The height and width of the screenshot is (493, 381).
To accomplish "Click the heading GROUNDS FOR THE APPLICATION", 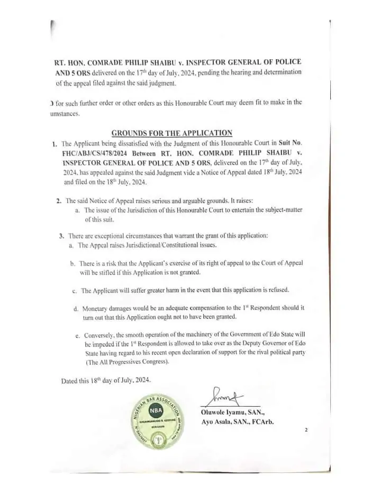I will tap(172, 133).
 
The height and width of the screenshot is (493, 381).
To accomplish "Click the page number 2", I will tap(306, 431).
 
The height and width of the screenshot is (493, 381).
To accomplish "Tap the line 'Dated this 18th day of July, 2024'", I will tap(106, 380).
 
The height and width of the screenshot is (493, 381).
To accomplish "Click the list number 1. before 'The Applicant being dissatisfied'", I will tap(55, 143).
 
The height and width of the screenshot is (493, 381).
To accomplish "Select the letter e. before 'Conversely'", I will tap(78, 335).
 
